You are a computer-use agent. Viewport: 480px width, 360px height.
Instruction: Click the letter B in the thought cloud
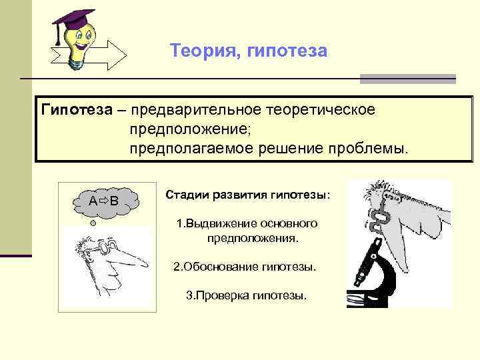click(x=115, y=201)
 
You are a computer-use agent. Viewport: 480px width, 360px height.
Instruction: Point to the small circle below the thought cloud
click(x=93, y=224)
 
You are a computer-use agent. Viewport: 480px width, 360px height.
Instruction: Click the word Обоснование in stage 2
click(x=217, y=267)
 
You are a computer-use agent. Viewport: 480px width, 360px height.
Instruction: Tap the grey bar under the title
click(x=407, y=79)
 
